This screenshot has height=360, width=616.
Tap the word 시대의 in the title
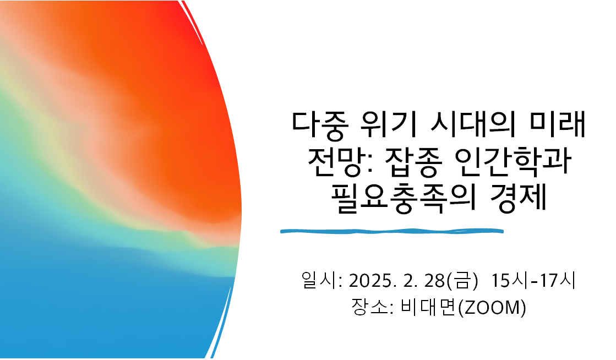(473, 124)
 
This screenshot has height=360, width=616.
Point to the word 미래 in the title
(557, 124)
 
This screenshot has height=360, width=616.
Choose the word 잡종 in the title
(411, 162)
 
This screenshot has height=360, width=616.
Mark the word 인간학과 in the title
(513, 161)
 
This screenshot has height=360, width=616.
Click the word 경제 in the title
(519, 198)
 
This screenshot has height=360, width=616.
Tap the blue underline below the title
(392, 231)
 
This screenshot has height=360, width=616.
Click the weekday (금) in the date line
(462, 281)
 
